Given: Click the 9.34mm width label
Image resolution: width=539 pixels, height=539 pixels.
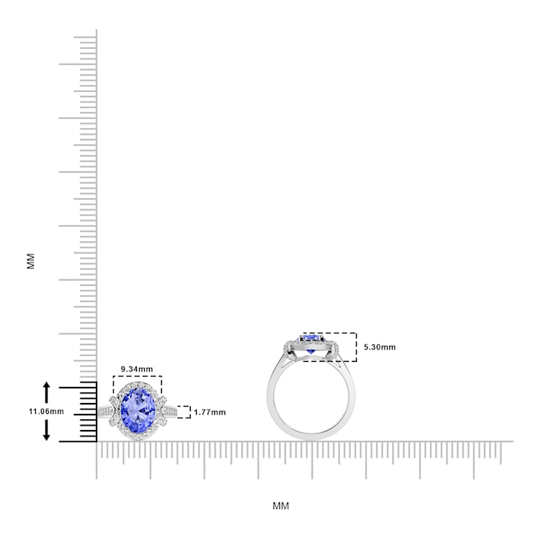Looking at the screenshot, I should tap(137, 369).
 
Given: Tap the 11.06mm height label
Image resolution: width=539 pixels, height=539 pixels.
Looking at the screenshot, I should tap(46, 412).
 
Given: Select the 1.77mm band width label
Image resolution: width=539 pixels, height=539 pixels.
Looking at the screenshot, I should tap(210, 412).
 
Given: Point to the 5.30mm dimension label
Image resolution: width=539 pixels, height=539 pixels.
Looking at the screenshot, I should tap(379, 347).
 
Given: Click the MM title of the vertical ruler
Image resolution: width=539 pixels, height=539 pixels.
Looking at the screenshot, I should tap(31, 261).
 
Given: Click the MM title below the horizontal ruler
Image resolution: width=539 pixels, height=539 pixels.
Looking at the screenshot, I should tap(281, 505).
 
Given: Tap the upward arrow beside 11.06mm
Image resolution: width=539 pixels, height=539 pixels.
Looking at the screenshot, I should tap(47, 389).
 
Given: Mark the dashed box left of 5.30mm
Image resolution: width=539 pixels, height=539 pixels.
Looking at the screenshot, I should tap(329, 347).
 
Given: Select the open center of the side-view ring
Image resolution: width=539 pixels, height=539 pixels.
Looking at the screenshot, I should tap(313, 399).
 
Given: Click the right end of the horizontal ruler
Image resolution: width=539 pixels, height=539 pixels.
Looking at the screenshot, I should tap(510, 442).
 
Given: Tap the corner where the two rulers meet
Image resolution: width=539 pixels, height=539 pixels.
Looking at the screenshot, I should tap(97, 442).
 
